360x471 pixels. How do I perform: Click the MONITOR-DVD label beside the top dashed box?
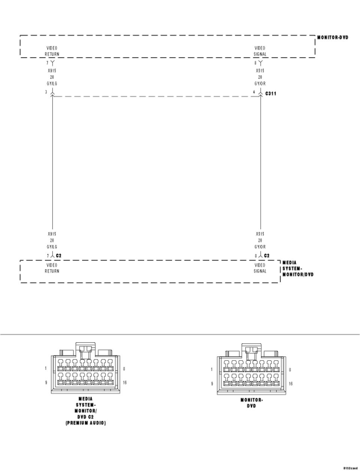(x=333, y=37)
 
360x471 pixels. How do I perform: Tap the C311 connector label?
(x=270, y=93)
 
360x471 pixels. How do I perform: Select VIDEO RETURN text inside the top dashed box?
(x=52, y=51)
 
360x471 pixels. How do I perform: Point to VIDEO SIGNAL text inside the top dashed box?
(x=260, y=51)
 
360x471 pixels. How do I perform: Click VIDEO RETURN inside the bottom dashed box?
(x=52, y=268)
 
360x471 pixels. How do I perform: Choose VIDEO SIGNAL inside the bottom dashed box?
(x=260, y=268)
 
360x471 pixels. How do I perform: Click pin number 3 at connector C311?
(x=46, y=92)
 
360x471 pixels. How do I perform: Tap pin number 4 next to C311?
(x=254, y=92)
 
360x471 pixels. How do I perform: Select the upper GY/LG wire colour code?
(x=52, y=84)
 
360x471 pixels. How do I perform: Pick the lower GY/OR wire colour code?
(x=260, y=247)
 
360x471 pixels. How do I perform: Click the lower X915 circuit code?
(x=52, y=233)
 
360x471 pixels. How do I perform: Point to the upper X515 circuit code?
(x=260, y=70)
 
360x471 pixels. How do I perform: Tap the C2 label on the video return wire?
(x=59, y=256)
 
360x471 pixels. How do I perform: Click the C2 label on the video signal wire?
(x=267, y=256)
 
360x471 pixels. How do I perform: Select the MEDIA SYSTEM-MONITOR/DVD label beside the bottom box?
(x=298, y=269)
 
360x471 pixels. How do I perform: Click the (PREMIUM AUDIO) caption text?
(x=85, y=423)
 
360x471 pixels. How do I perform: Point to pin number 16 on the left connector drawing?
(x=125, y=383)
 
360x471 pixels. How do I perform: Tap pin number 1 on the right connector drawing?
(x=212, y=369)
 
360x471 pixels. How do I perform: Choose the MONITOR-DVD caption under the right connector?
(x=252, y=403)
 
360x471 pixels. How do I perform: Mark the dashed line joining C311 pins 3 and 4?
(x=156, y=96)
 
